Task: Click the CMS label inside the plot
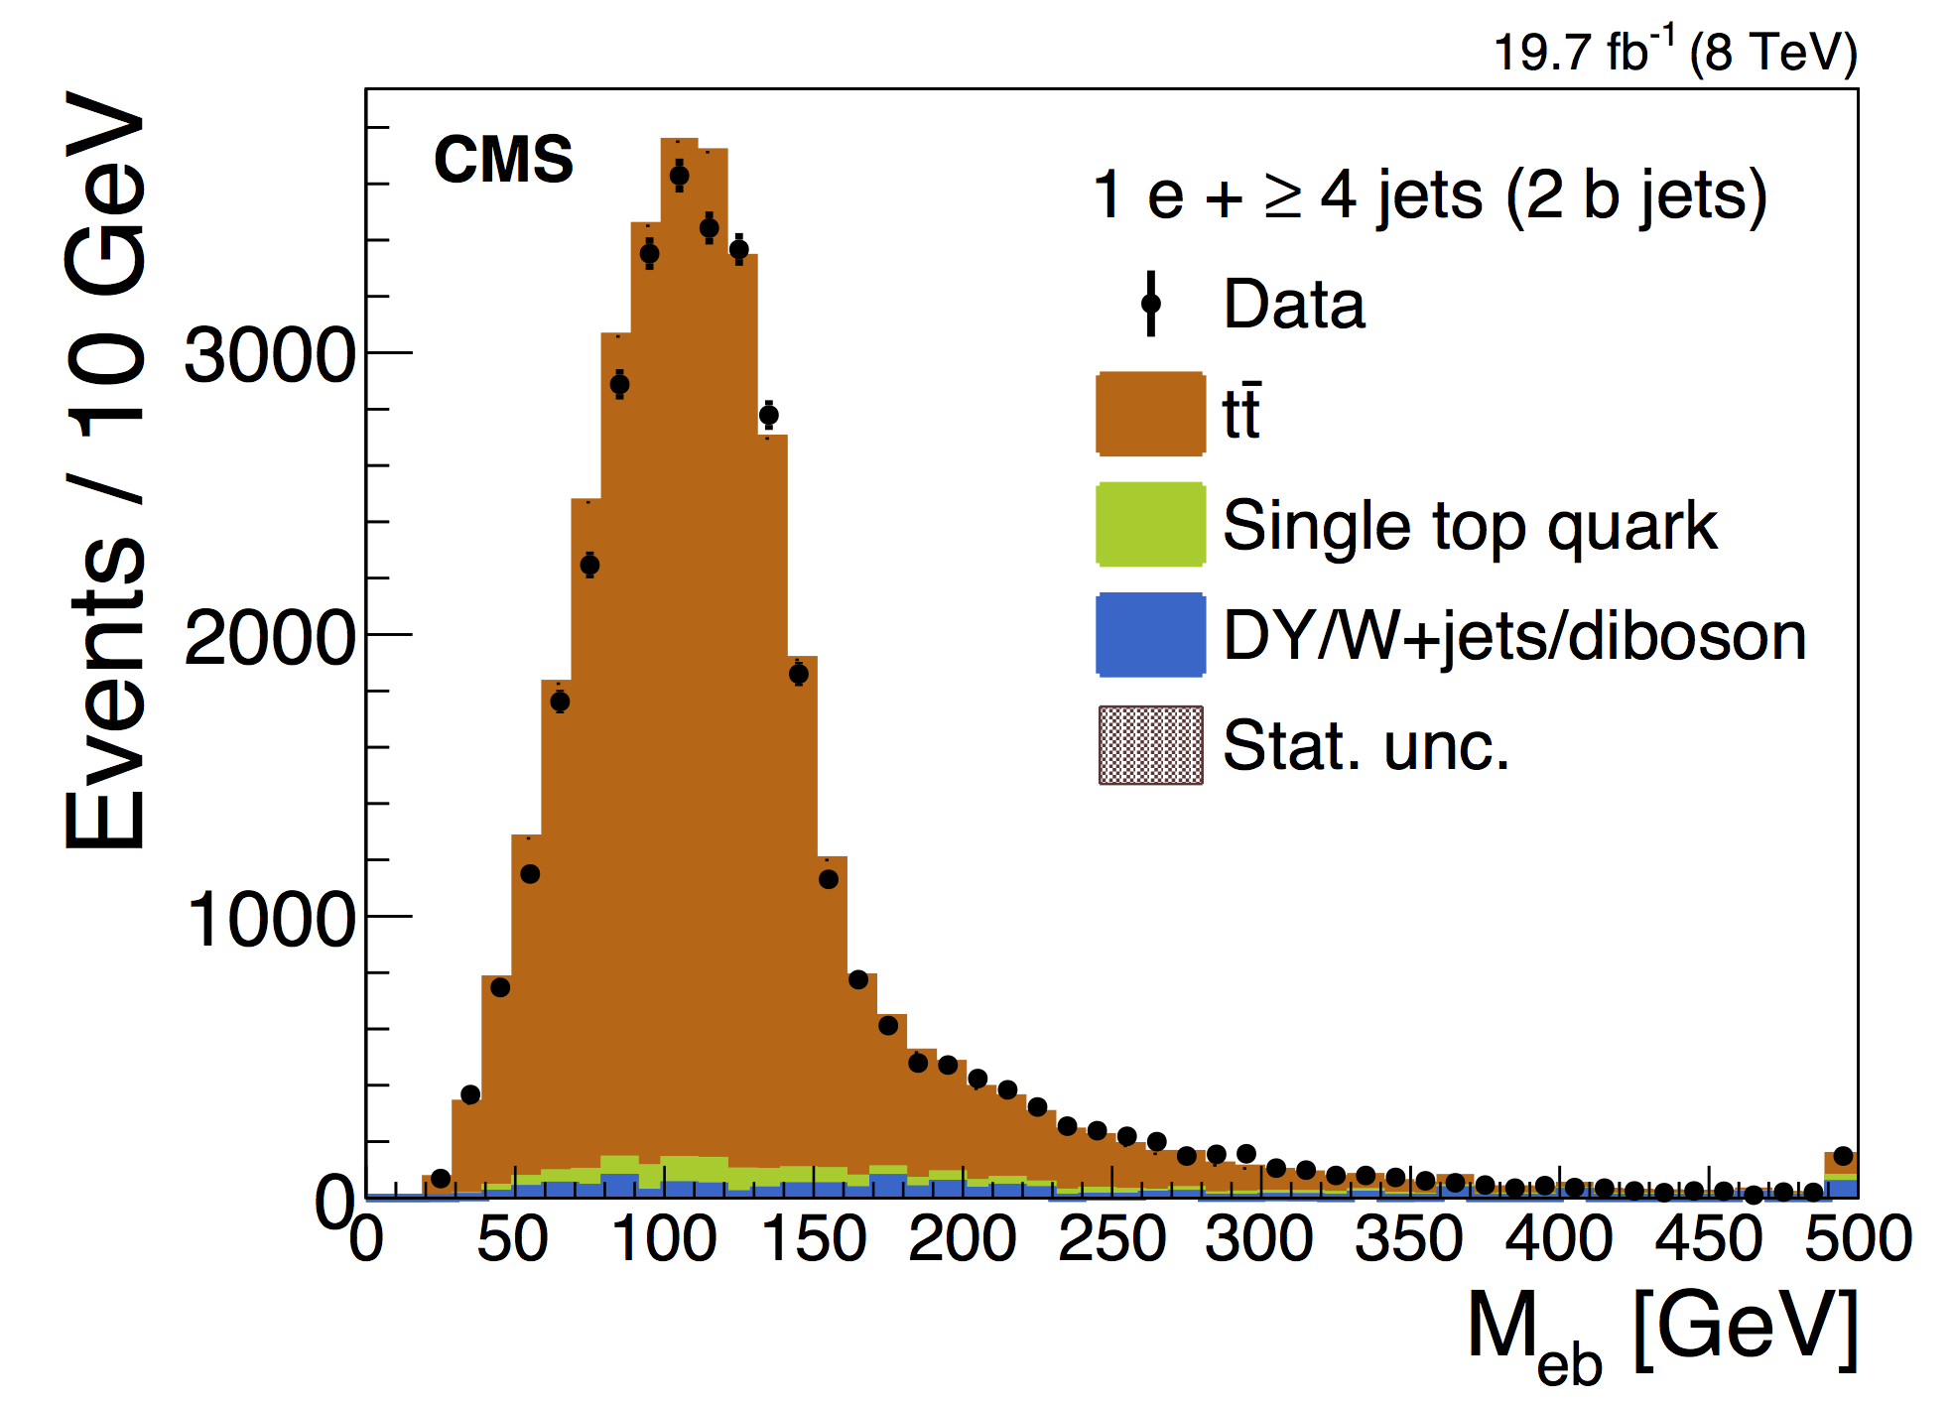[503, 159]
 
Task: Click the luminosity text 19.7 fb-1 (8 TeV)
[1674, 52]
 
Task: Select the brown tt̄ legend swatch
[1150, 414]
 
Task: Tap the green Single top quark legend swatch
[1150, 524]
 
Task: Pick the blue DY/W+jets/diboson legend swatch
[1150, 635]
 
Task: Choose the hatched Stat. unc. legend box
[1150, 745]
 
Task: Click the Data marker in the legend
[1151, 304]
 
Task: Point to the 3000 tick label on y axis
[269, 354]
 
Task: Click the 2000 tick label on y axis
[269, 637]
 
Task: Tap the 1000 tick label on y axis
[269, 919]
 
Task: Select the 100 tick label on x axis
[663, 1239]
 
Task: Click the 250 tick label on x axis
[1111, 1239]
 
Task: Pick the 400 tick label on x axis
[1559, 1239]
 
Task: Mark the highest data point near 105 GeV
[679, 176]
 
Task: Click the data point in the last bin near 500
[1844, 1156]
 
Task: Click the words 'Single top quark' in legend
[1470, 525]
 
